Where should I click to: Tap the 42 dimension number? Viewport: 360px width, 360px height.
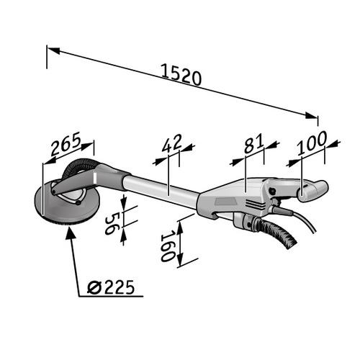coord(171,144)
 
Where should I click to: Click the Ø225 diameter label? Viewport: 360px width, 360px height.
coord(111,288)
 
